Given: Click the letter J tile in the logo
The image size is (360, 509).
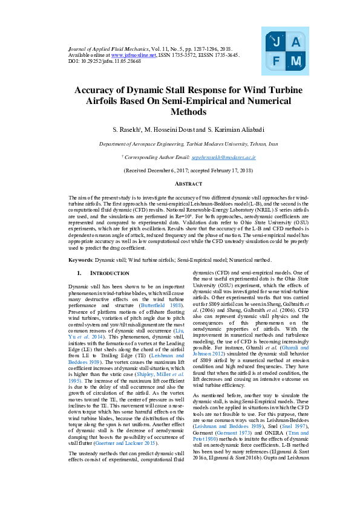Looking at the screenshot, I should (x=276, y=42).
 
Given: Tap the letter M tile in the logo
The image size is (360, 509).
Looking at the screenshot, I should (x=295, y=61).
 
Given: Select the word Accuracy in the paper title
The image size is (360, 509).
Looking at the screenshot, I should (x=96, y=90).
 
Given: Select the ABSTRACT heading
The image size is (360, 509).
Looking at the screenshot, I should (x=180, y=183).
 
